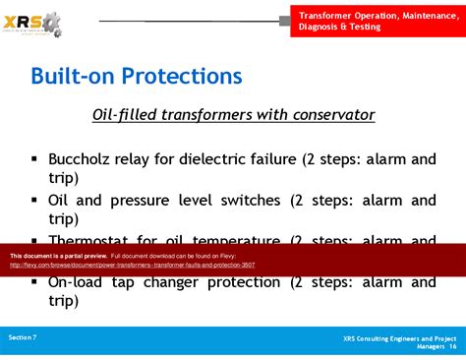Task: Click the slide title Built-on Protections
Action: pos(136,76)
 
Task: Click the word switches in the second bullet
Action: pos(246,200)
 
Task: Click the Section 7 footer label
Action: pos(23,337)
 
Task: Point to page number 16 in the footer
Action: pos(452,346)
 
